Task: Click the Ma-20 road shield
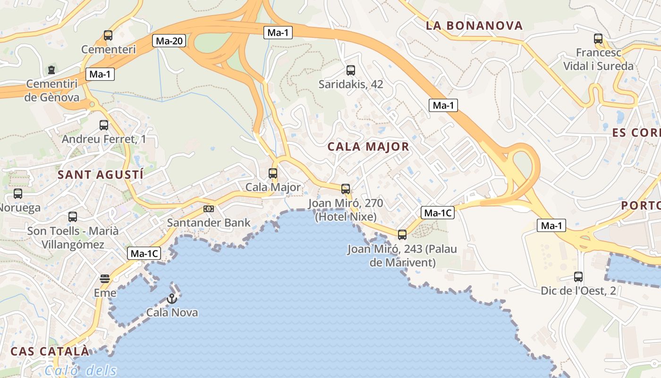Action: click(169, 41)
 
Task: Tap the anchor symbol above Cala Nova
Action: click(171, 299)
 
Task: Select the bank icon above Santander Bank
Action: click(208, 208)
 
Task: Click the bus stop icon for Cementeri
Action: click(108, 35)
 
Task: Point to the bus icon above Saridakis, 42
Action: click(350, 70)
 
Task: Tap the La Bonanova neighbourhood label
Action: click(474, 26)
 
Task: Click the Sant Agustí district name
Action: click(100, 174)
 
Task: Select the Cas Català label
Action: click(50, 351)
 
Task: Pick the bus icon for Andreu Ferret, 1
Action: click(104, 125)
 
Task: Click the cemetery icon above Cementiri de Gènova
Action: click(51, 70)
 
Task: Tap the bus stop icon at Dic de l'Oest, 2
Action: click(578, 277)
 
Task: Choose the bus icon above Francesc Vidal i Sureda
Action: click(598, 39)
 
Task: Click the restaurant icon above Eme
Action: click(105, 279)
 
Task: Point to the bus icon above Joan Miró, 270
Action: click(346, 189)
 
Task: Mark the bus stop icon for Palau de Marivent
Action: click(402, 235)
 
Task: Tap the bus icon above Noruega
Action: click(18, 194)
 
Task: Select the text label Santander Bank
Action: click(209, 223)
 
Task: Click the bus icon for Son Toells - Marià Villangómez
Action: click(73, 217)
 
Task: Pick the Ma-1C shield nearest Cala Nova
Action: click(144, 254)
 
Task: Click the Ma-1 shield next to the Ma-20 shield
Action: click(278, 33)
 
